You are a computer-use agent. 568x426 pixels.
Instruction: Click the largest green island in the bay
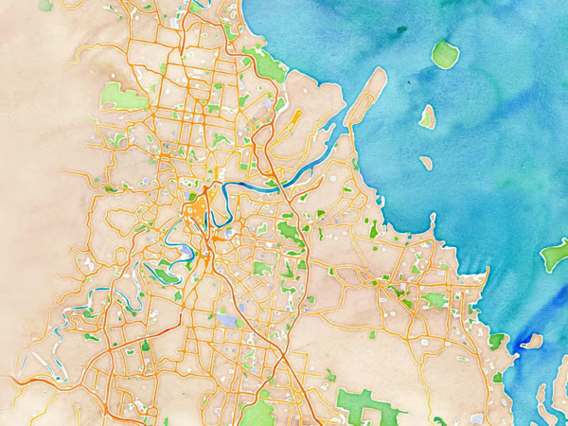pos(444,54)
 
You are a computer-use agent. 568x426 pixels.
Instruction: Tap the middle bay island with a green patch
pos(428,116)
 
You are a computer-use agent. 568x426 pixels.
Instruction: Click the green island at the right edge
pos(555,255)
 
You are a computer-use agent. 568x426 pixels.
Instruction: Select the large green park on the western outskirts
pos(121,95)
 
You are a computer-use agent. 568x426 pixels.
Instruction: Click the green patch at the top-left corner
pos(45,5)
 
